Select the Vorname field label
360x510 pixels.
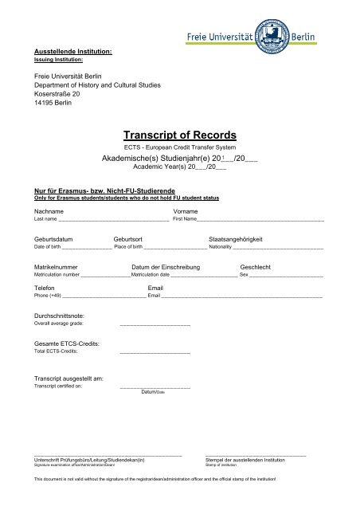pos(186,210)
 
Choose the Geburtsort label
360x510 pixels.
pos(128,240)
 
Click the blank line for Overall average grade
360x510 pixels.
pos(155,325)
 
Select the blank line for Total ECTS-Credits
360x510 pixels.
pos(155,351)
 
